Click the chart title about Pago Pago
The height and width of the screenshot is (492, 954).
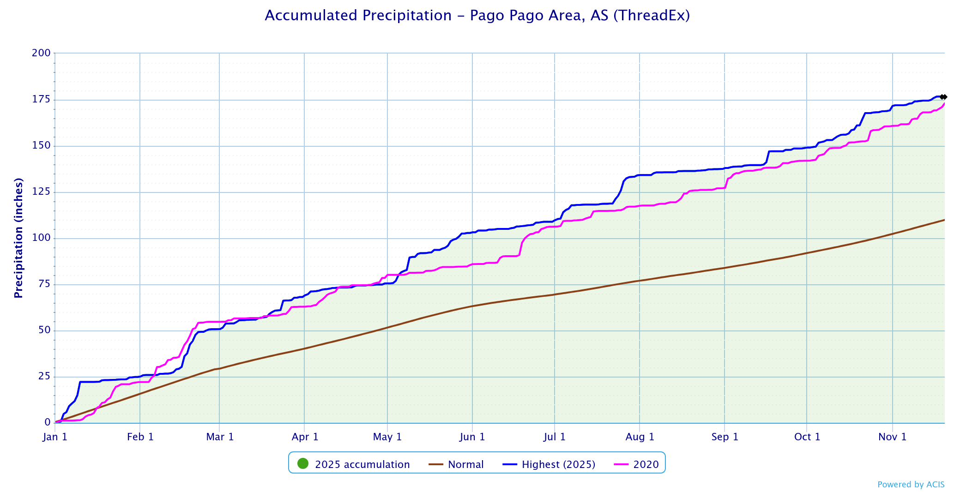click(x=477, y=16)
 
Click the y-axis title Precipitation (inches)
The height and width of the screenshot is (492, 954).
click(x=18, y=238)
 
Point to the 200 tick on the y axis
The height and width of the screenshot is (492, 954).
click(x=41, y=53)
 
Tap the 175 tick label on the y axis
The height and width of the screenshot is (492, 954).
click(x=41, y=100)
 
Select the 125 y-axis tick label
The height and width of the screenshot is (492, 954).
click(x=41, y=192)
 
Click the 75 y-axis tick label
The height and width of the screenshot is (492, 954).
click(x=43, y=284)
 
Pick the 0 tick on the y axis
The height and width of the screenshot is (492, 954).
click(x=47, y=422)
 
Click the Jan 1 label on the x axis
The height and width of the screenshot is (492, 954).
click(x=55, y=437)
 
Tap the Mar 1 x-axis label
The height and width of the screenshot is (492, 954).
click(x=220, y=437)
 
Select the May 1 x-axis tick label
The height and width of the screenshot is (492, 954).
click(x=387, y=437)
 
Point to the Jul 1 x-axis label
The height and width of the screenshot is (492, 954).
click(x=554, y=437)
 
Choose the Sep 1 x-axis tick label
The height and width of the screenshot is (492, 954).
click(x=725, y=437)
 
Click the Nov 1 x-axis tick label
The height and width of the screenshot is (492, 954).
click(x=893, y=437)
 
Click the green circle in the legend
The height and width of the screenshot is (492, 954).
click(x=303, y=463)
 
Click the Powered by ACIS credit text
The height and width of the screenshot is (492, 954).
click(x=911, y=485)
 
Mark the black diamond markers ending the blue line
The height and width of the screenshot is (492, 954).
click(x=943, y=97)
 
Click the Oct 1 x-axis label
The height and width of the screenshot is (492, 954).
click(x=807, y=437)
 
